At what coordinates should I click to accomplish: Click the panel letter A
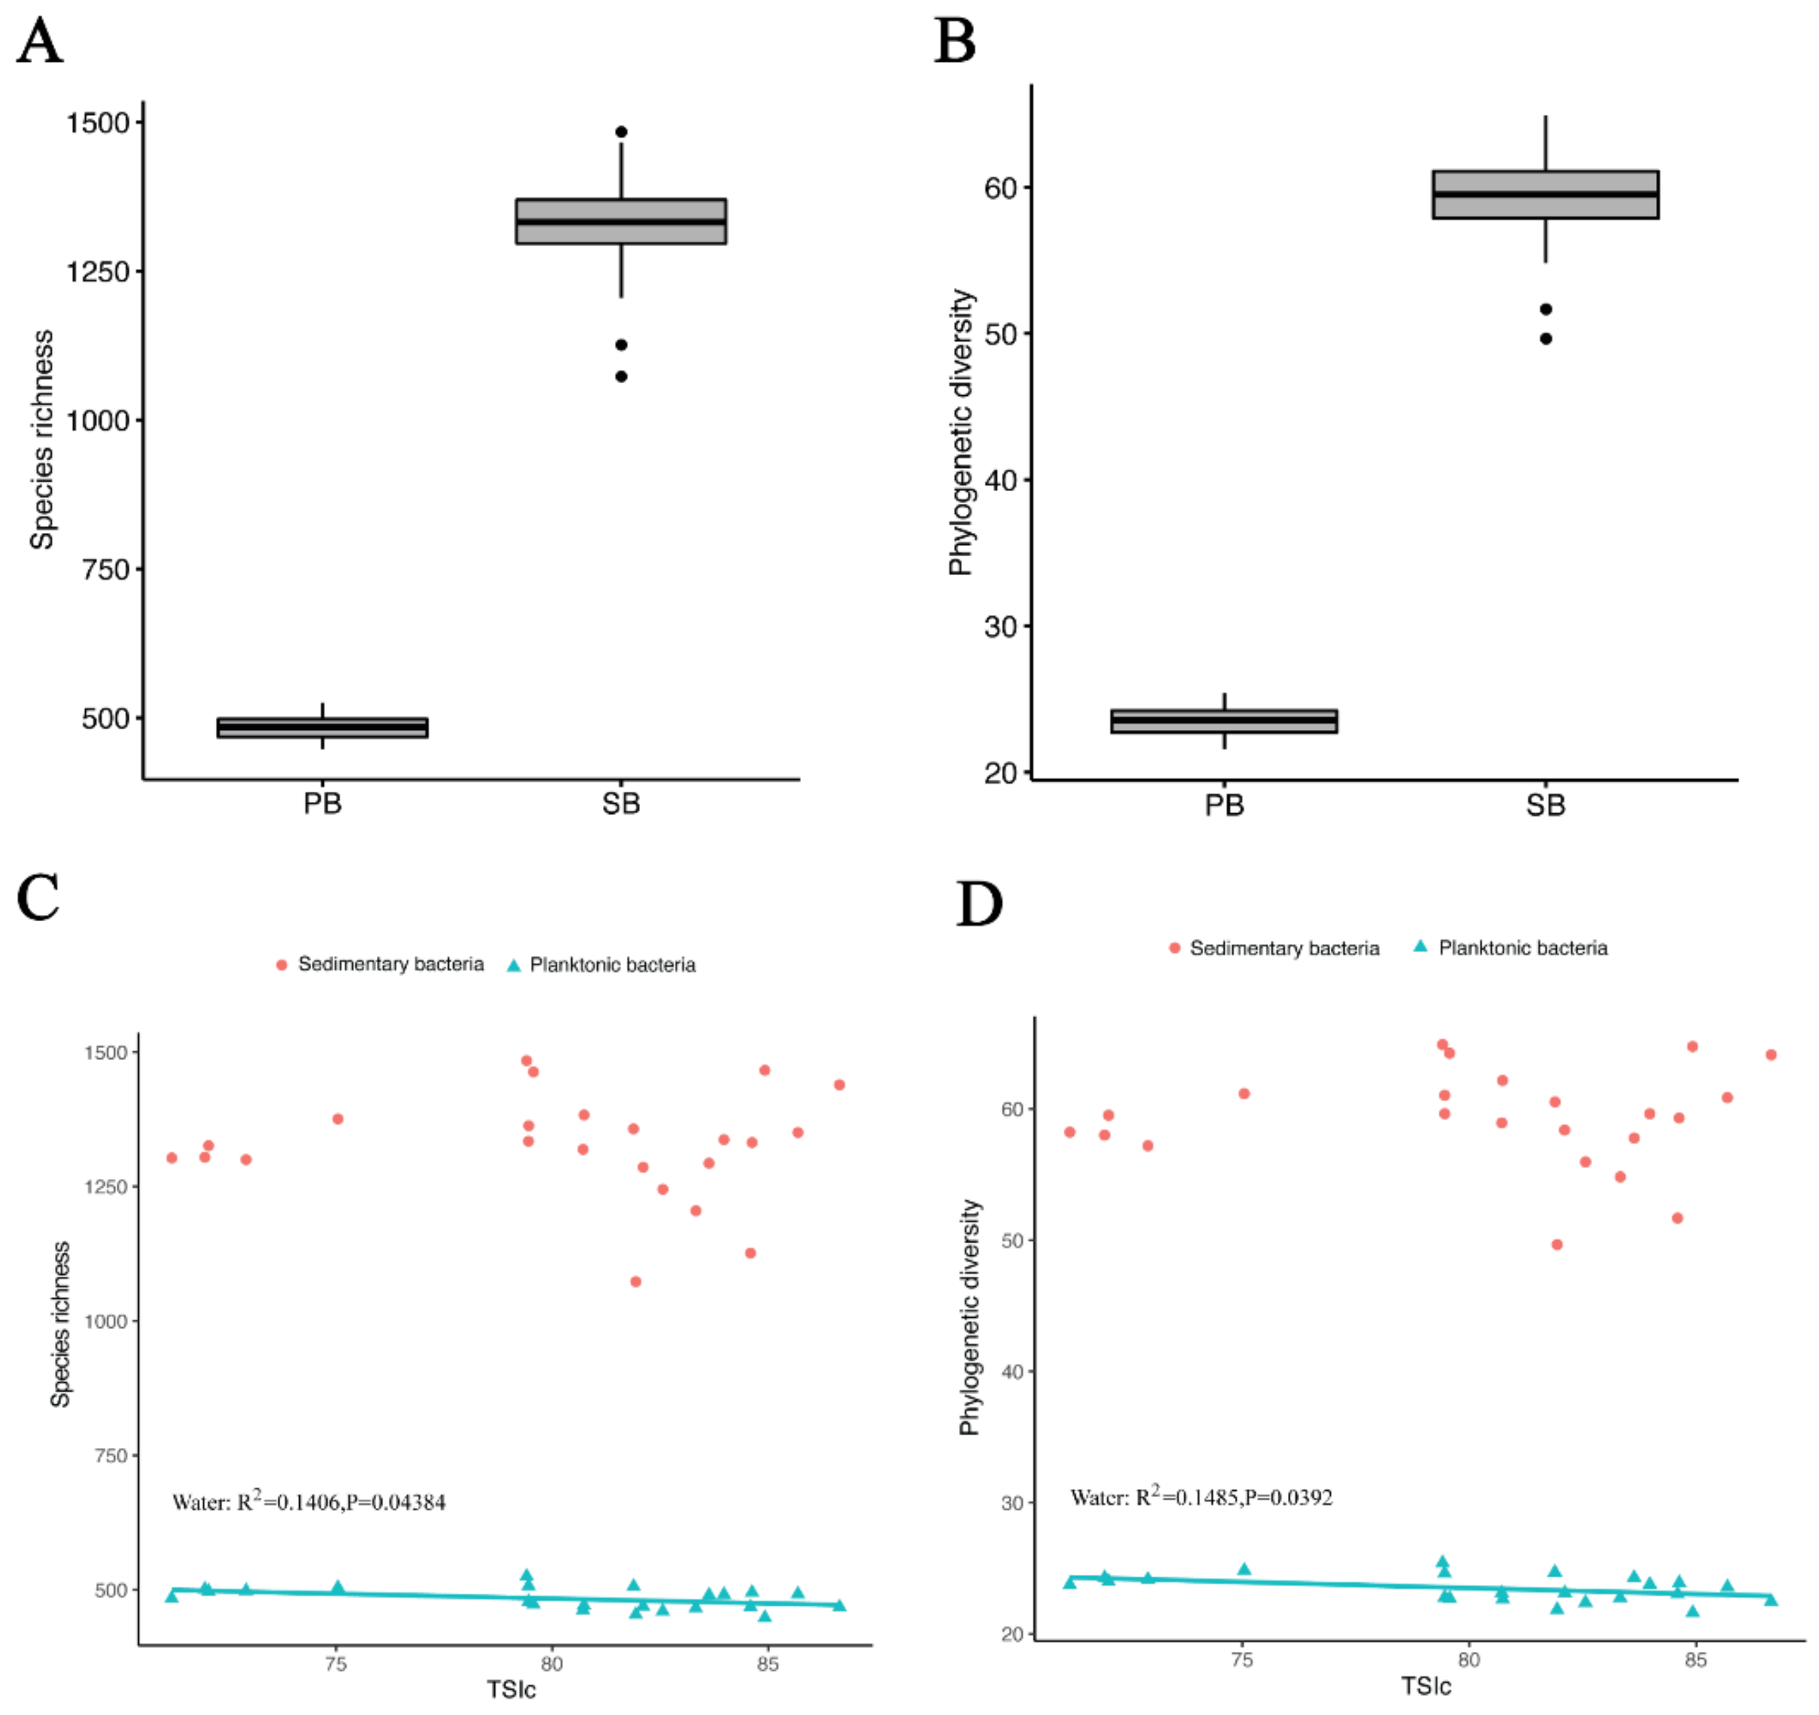(x=40, y=42)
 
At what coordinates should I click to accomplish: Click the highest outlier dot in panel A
(x=621, y=132)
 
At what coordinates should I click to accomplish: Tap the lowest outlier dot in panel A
(x=621, y=376)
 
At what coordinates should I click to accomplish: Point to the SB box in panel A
(x=621, y=221)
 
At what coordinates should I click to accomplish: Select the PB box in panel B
(x=1224, y=721)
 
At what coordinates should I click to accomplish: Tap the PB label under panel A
(x=322, y=804)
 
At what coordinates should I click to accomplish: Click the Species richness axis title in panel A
(x=42, y=440)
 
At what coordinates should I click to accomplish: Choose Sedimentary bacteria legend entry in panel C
(x=380, y=965)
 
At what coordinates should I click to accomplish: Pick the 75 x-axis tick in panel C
(x=336, y=1665)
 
